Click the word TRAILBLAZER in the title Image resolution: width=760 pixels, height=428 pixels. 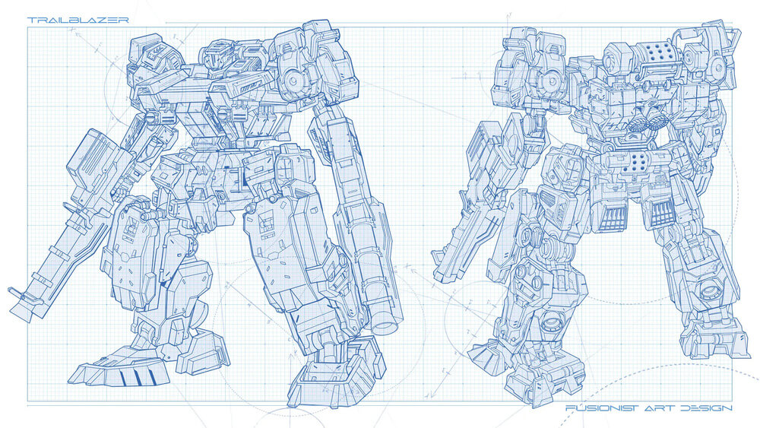pos(78,21)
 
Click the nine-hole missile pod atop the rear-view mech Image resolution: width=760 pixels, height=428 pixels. pos(655,51)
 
